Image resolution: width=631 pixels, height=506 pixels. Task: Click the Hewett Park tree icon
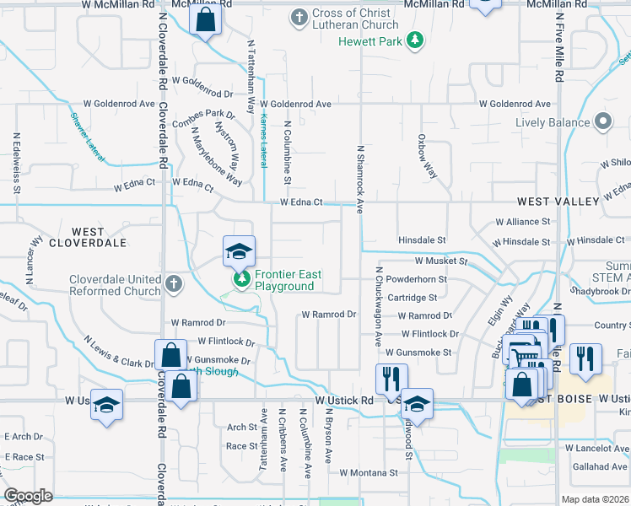(414, 40)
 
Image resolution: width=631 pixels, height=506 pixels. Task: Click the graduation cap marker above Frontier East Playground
(239, 252)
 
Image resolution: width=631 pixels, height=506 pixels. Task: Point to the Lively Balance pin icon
(603, 122)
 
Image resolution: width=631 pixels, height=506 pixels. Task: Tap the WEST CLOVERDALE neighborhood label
(99, 237)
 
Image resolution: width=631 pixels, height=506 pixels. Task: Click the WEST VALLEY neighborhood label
(558, 202)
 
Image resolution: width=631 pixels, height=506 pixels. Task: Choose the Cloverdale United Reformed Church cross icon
(173, 283)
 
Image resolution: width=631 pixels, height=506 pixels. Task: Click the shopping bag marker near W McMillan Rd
(205, 19)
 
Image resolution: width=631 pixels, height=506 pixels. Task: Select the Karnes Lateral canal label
(263, 136)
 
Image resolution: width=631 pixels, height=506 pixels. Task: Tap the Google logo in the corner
(28, 496)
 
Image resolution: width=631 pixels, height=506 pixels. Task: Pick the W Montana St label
(369, 473)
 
